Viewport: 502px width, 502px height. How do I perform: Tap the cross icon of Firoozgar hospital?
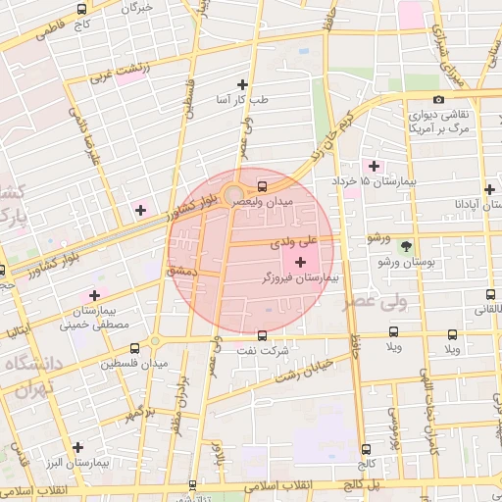click(x=299, y=262)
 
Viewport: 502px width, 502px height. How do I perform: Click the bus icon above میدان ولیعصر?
click(x=262, y=185)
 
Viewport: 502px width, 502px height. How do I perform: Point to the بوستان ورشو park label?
click(x=405, y=263)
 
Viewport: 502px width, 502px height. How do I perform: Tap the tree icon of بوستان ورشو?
click(x=406, y=246)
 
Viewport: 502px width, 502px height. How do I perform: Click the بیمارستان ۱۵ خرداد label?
click(x=389, y=181)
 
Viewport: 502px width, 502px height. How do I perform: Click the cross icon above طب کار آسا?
click(x=243, y=84)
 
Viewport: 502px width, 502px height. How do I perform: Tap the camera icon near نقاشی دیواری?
click(x=438, y=98)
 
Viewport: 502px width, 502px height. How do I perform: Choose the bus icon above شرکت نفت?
click(x=261, y=334)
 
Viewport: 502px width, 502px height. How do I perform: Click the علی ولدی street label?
click(x=323, y=238)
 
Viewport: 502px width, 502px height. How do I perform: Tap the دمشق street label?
click(x=183, y=270)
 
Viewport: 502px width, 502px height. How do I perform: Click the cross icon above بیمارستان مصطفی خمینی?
click(x=94, y=294)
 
